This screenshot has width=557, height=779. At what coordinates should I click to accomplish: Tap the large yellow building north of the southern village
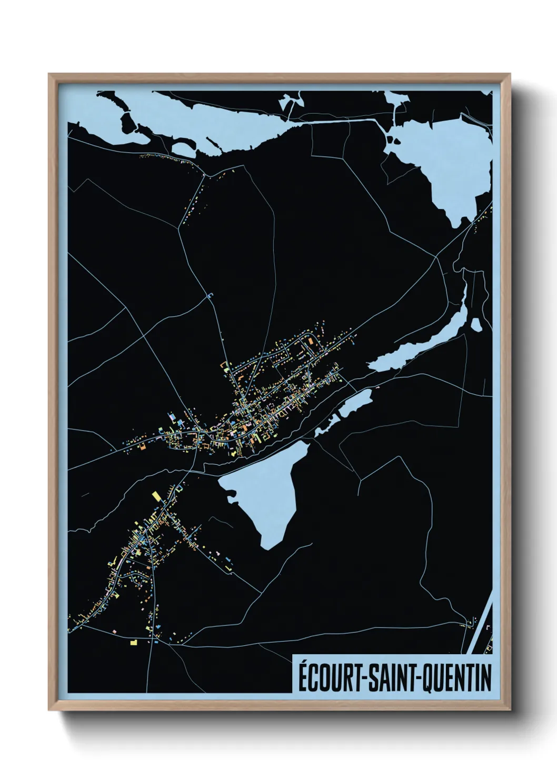[156, 496]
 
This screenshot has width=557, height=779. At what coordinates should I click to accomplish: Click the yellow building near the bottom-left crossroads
[133, 642]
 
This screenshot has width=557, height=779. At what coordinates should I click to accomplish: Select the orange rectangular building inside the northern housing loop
[311, 342]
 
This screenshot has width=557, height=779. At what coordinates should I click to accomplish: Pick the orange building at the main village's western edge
[142, 447]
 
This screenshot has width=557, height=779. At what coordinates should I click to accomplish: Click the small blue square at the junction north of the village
[212, 295]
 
